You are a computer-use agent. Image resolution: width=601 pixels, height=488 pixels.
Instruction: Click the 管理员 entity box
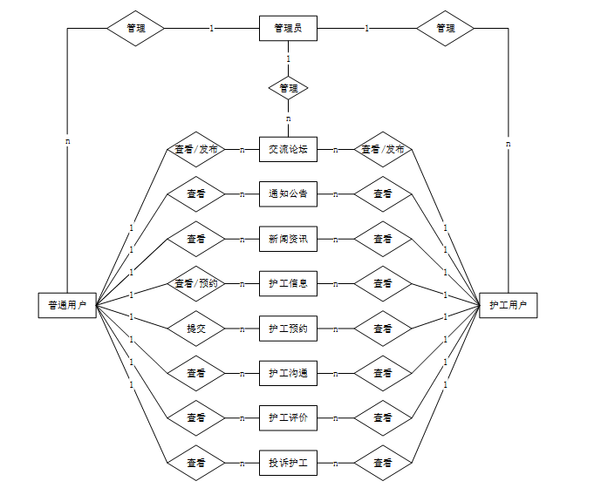[x=288, y=28]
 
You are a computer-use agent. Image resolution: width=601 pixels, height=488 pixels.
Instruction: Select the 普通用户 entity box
[x=67, y=305]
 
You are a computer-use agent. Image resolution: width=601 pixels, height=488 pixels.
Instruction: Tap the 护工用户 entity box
[x=508, y=305]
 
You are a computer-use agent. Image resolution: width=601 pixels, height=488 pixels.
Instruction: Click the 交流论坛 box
[x=288, y=149]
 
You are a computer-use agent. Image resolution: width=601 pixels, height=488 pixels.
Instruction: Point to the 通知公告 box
[x=288, y=193]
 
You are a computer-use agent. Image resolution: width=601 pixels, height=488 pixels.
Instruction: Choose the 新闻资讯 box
[x=288, y=238]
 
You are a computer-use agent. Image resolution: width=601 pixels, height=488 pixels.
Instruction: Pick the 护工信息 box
[x=288, y=283]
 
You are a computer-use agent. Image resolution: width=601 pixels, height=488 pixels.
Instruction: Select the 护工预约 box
[x=288, y=329]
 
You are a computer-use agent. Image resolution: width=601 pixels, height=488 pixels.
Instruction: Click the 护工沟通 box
[x=288, y=373]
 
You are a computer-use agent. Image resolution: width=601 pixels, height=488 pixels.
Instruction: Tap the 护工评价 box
[x=288, y=418]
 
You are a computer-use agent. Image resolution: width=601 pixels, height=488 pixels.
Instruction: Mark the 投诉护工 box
[x=288, y=463]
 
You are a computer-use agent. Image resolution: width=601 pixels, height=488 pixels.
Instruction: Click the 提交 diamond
[x=195, y=329]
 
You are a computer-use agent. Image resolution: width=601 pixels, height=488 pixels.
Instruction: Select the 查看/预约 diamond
[x=195, y=283]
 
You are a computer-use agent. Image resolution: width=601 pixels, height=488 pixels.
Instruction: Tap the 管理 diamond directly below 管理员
[x=288, y=88]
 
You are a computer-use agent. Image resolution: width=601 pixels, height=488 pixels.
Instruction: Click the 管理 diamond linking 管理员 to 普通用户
[x=135, y=28]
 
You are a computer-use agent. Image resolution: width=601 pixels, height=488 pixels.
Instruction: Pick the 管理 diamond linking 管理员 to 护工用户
[x=445, y=28]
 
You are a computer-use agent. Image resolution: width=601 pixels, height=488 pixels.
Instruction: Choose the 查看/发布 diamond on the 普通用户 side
[x=195, y=149]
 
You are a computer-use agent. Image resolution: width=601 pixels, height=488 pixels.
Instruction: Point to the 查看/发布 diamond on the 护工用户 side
[x=382, y=149]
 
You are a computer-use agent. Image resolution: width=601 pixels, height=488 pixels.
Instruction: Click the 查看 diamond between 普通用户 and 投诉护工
[x=195, y=463]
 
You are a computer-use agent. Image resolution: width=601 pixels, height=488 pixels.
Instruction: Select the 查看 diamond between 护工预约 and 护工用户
[x=382, y=329]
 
